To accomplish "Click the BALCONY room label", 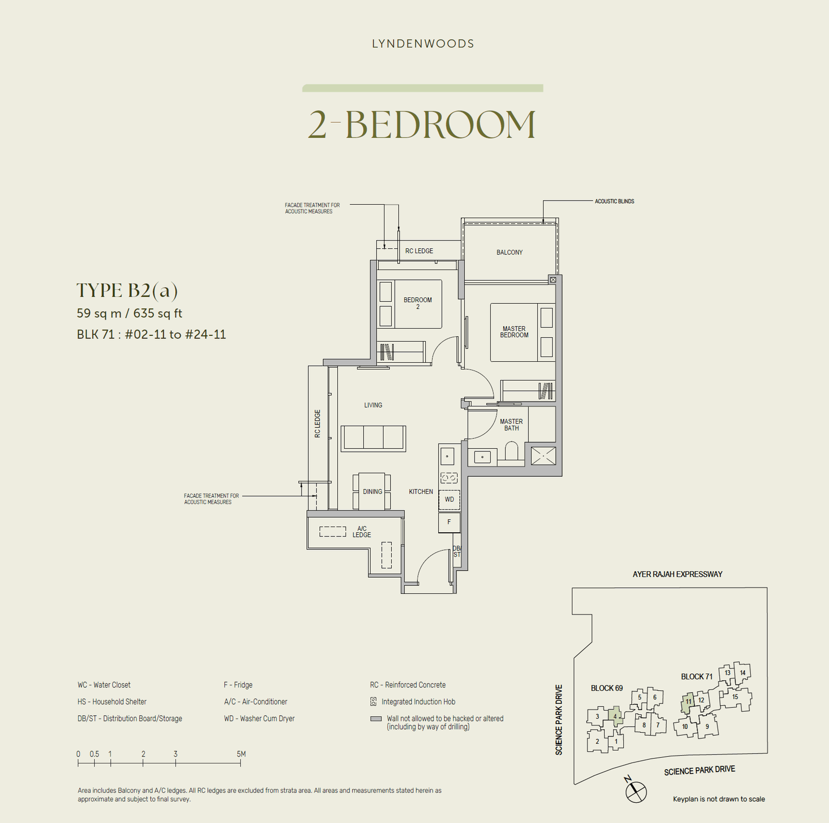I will click(x=509, y=252).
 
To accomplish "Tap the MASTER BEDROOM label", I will click(x=514, y=332).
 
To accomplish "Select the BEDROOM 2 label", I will click(x=418, y=303).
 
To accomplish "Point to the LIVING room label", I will click(x=373, y=405).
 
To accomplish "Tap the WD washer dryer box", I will click(x=449, y=500).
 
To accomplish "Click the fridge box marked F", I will click(x=449, y=522).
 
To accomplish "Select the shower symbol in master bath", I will click(x=543, y=456).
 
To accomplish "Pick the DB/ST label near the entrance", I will click(x=456, y=551).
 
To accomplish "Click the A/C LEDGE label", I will click(x=362, y=532).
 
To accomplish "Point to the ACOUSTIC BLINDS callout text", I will click(x=614, y=201).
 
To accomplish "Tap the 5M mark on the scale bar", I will click(x=241, y=755).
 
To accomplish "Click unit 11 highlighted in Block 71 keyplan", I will click(x=688, y=702).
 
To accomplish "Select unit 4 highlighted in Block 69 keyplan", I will click(x=615, y=716).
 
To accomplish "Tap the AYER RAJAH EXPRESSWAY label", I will click(x=677, y=574).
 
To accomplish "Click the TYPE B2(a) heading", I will click(x=127, y=291).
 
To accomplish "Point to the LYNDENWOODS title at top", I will click(x=423, y=44).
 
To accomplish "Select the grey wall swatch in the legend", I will click(x=376, y=719).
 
